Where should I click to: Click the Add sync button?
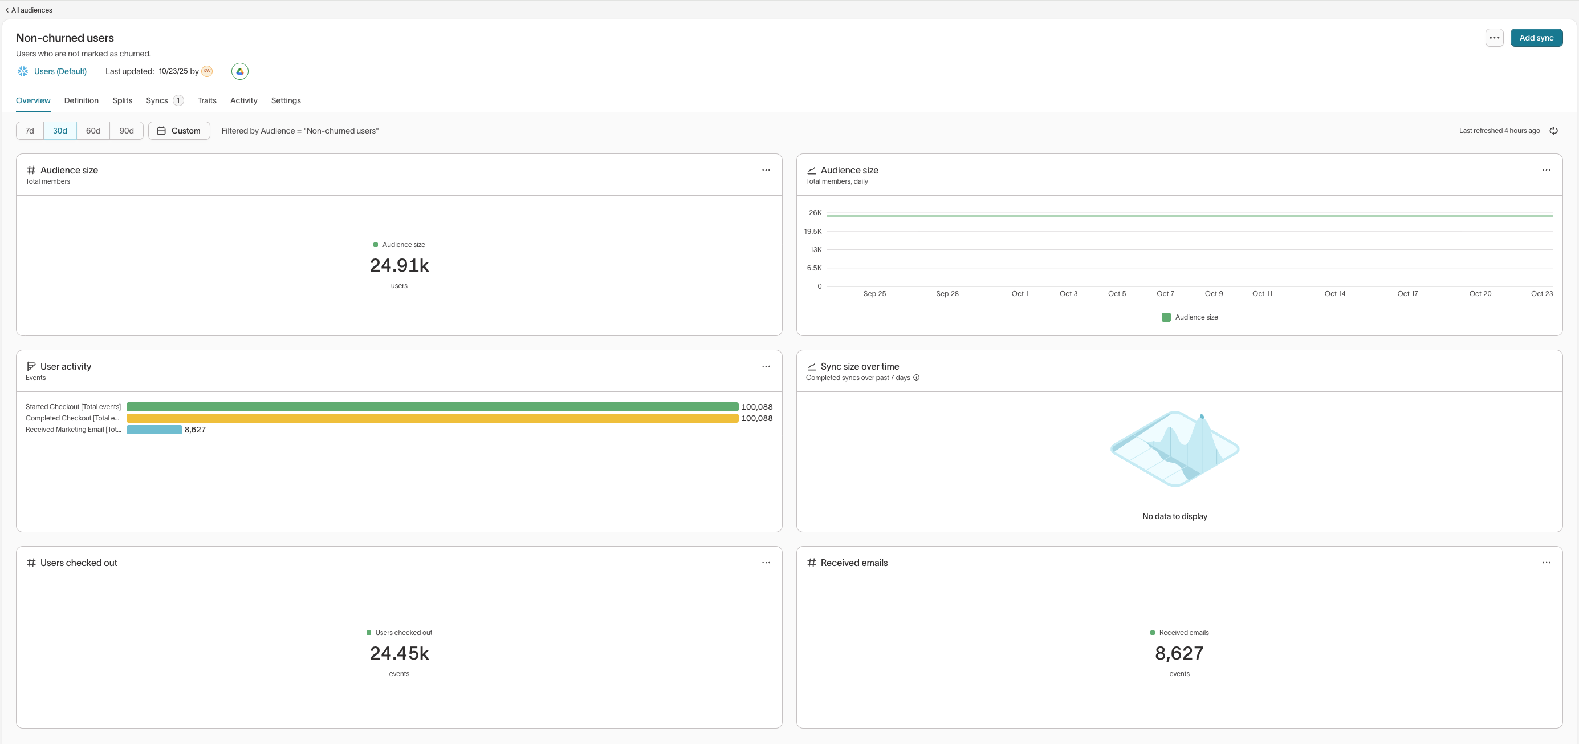click(x=1536, y=38)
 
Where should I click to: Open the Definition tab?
click(x=82, y=100)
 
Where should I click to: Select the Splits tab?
click(x=122, y=100)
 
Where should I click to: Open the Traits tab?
click(x=206, y=100)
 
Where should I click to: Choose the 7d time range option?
click(x=30, y=131)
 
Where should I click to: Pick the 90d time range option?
click(x=127, y=131)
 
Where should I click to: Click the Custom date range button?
click(x=179, y=131)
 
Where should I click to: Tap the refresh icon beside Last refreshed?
click(x=1553, y=131)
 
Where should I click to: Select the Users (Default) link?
click(x=60, y=72)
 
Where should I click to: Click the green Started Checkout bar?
click(x=432, y=407)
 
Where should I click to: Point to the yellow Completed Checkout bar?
click(x=432, y=418)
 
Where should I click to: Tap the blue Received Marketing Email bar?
click(x=154, y=430)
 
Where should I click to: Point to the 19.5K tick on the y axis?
click(x=813, y=231)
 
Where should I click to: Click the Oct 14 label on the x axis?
click(x=1334, y=294)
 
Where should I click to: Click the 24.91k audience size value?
click(x=399, y=265)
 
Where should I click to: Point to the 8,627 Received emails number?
click(x=1179, y=654)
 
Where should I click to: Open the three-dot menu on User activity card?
click(x=766, y=367)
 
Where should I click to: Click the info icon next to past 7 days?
click(x=917, y=378)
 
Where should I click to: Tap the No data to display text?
click(x=1174, y=516)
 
